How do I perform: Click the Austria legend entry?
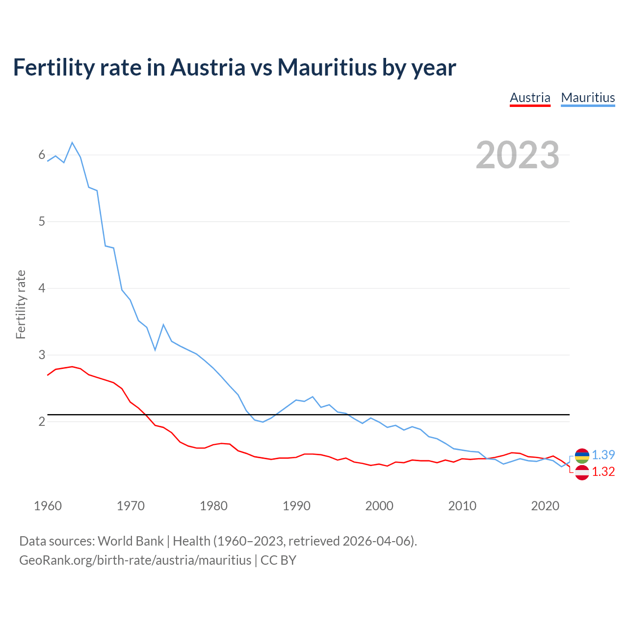530,98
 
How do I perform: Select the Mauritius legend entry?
588,98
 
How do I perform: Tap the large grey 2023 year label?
518,155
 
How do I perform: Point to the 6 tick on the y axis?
42,155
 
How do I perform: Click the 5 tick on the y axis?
42,221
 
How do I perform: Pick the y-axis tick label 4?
42,288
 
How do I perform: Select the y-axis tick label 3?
42,355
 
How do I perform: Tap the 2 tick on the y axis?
42,421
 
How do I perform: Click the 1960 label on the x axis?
48,506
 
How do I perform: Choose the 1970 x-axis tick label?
131,506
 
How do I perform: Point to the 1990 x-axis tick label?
296,506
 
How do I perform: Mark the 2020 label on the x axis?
545,506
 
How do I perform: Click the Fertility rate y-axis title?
21,304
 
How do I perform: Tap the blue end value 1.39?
603,455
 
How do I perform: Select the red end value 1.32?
603,471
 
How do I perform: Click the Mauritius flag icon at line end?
582,456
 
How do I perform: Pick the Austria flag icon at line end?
582,472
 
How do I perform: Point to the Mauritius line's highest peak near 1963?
72,143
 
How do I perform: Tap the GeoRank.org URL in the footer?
135,560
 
